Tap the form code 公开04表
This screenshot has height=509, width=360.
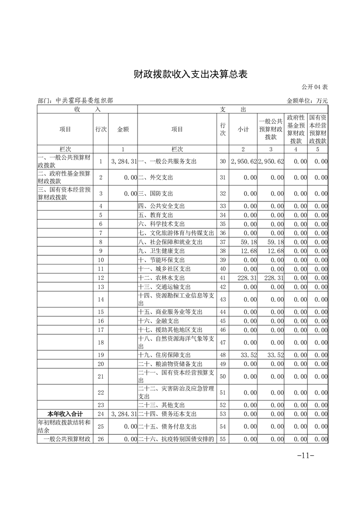pos(314,87)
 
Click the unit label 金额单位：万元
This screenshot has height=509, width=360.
pos(307,101)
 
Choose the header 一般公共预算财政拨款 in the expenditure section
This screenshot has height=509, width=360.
pos(271,129)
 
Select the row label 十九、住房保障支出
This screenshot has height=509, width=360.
pos(164,355)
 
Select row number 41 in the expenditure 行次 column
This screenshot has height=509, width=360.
pos(222,278)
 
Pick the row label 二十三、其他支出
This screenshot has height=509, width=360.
pos(162,405)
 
